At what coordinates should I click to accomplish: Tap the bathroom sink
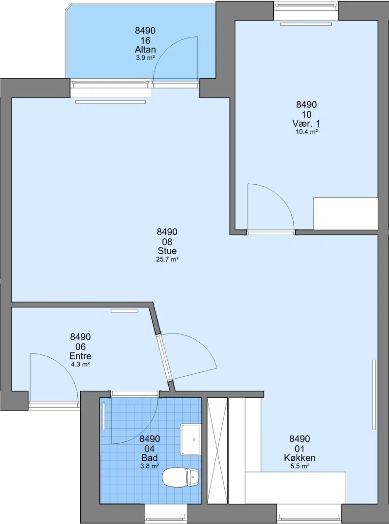191,439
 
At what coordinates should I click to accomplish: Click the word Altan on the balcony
145,50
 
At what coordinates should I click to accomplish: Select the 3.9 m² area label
145,58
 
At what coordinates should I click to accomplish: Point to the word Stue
167,251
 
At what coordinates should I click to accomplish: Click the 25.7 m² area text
167,260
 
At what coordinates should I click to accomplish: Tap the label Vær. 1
306,123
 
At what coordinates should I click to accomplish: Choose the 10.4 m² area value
306,132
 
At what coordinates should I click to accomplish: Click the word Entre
80,356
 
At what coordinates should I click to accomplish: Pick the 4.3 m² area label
80,364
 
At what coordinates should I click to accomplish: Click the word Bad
149,458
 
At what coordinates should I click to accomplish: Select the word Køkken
300,458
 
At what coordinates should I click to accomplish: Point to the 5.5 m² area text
300,466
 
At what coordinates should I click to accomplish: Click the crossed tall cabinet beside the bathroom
217,451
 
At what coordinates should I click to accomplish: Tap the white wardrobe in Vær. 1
346,213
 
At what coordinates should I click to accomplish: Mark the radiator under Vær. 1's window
306,24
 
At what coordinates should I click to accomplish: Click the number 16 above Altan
145,40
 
